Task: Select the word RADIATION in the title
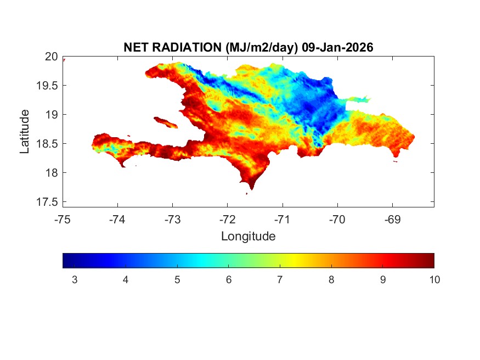coord(187,48)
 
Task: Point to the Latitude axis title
coord(25,131)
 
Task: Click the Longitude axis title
coord(248,237)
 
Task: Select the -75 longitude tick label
coord(63,220)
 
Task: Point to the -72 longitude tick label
coord(227,220)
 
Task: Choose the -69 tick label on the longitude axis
coord(392,220)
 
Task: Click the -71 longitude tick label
coord(282,220)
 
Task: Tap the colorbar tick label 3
coord(74,280)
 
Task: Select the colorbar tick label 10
coord(434,280)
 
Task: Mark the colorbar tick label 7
coord(280,280)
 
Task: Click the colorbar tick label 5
coord(177,280)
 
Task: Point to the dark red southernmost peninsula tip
coord(251,185)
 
